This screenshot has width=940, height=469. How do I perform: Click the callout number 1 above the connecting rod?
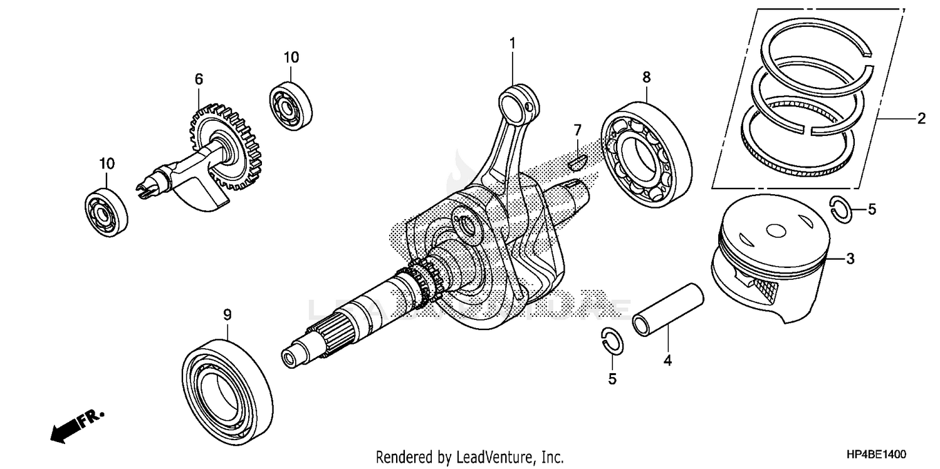click(x=512, y=43)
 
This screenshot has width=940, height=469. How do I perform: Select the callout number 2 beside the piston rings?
click(x=921, y=118)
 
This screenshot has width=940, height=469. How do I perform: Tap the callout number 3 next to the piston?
click(x=850, y=258)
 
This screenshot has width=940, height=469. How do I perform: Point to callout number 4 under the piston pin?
click(x=667, y=361)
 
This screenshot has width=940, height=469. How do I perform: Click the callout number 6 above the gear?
click(x=199, y=79)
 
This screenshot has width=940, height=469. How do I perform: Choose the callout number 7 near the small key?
click(x=577, y=130)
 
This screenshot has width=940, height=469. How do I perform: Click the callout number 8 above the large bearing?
click(x=646, y=77)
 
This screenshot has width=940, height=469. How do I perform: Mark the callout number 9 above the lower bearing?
click(x=227, y=314)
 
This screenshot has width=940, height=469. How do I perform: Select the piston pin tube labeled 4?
click(x=667, y=309)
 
